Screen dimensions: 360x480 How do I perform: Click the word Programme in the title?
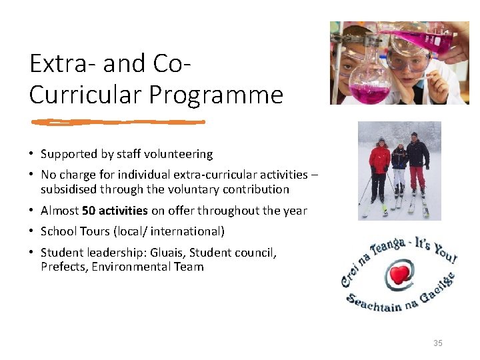coord(216,95)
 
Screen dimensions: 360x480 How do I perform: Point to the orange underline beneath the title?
coord(118,122)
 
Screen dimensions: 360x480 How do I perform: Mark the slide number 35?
coord(437,343)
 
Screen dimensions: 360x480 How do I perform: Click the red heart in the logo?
coord(400,275)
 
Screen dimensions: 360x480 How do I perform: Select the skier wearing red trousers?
coord(417,167)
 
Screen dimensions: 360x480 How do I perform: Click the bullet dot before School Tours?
coord(31,231)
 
